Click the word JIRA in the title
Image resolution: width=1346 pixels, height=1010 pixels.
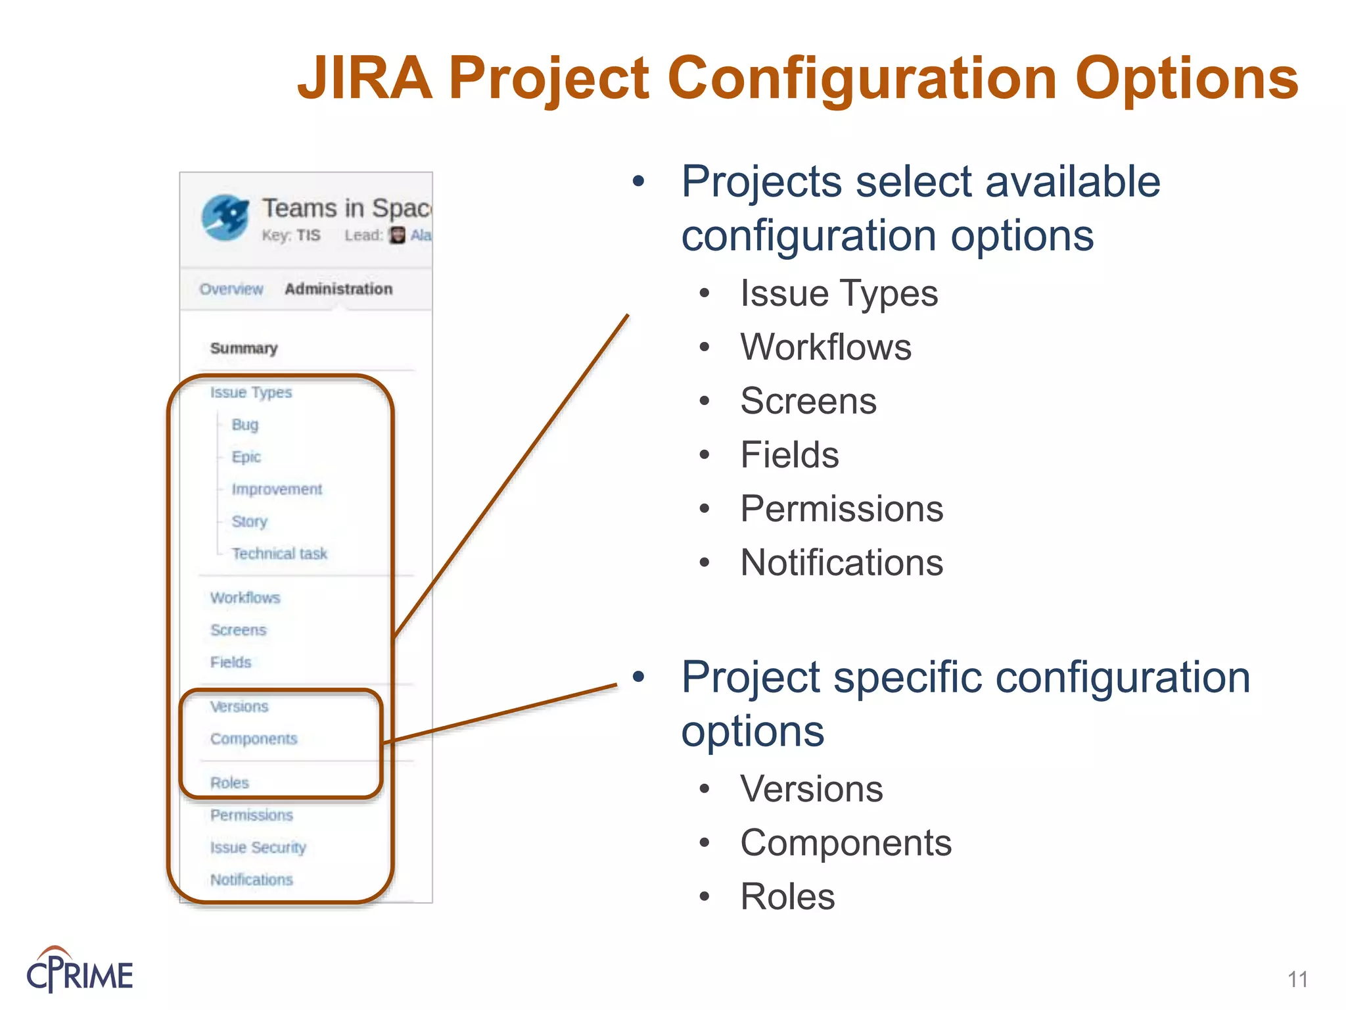[x=365, y=79]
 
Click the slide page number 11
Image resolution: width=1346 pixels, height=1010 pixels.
[x=1297, y=979]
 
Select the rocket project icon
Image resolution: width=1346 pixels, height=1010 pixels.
[x=225, y=218]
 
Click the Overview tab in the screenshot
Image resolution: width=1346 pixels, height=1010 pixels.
[x=231, y=289]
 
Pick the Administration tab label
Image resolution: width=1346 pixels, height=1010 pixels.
[x=338, y=289]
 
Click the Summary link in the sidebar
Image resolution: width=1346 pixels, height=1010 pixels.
[x=243, y=348]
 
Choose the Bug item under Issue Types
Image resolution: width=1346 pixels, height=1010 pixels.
[x=244, y=425]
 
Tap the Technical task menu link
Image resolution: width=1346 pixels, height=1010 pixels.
[x=279, y=554]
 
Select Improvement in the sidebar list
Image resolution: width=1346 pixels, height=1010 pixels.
[x=277, y=489]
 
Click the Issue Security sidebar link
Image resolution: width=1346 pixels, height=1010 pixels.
[x=258, y=848]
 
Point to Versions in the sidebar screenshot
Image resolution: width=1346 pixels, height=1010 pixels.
[x=239, y=707]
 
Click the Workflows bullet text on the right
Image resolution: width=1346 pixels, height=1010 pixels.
[x=825, y=347]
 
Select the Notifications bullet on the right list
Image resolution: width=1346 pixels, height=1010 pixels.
[x=841, y=563]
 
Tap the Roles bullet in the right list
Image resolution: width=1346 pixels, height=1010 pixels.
[x=787, y=897]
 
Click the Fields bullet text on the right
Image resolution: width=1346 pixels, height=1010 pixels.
[x=789, y=455]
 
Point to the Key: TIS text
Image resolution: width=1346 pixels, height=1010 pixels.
[x=290, y=235]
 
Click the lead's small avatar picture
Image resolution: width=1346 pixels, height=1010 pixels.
[x=397, y=235]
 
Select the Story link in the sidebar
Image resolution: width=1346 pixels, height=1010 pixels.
[x=249, y=521]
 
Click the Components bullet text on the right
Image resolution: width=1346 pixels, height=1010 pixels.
[x=845, y=843]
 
